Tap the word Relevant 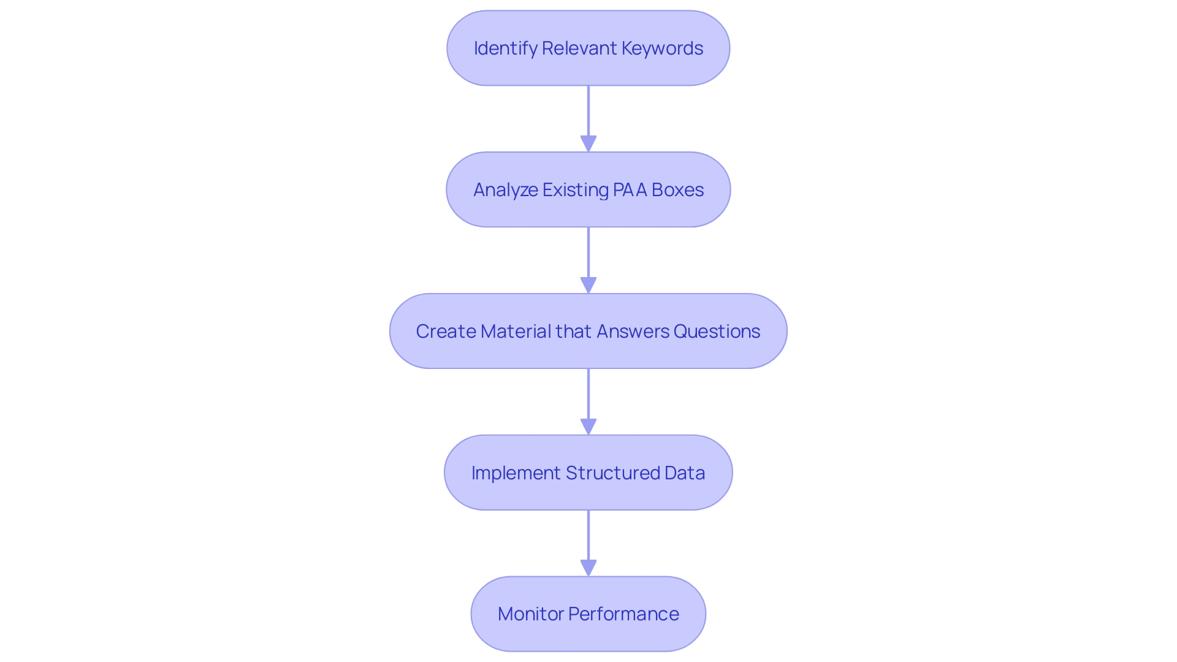(579, 48)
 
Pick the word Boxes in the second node (677, 190)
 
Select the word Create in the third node (446, 332)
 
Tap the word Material (516, 332)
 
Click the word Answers (633, 332)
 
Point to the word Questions (717, 332)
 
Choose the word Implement (516, 473)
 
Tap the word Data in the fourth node (685, 473)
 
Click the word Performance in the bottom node (623, 614)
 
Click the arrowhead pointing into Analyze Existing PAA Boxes (588, 144)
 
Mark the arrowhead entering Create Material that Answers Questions (588, 286)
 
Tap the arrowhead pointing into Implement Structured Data (588, 427)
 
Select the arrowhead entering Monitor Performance (588, 568)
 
